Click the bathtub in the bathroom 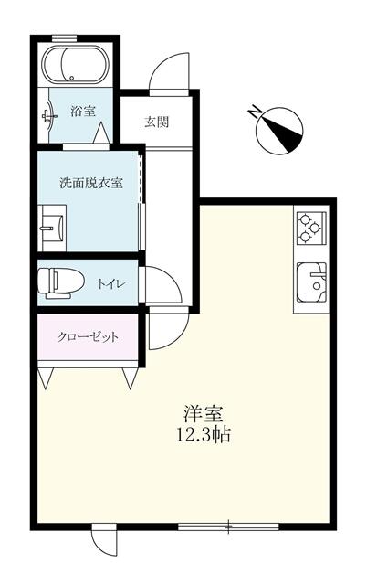pyautogui.click(x=75, y=65)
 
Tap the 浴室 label pyautogui.click(x=83, y=111)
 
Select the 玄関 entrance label pyautogui.click(x=156, y=122)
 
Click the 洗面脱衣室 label pyautogui.click(x=91, y=183)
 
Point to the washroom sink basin pyautogui.click(x=53, y=228)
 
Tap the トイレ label pyautogui.click(x=111, y=284)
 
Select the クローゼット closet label pyautogui.click(x=88, y=337)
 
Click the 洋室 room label pyautogui.click(x=203, y=413)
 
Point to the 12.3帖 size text pyautogui.click(x=203, y=435)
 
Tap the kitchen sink pyautogui.click(x=311, y=282)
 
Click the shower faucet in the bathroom pyautogui.click(x=48, y=116)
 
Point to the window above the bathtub pyautogui.click(x=64, y=37)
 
